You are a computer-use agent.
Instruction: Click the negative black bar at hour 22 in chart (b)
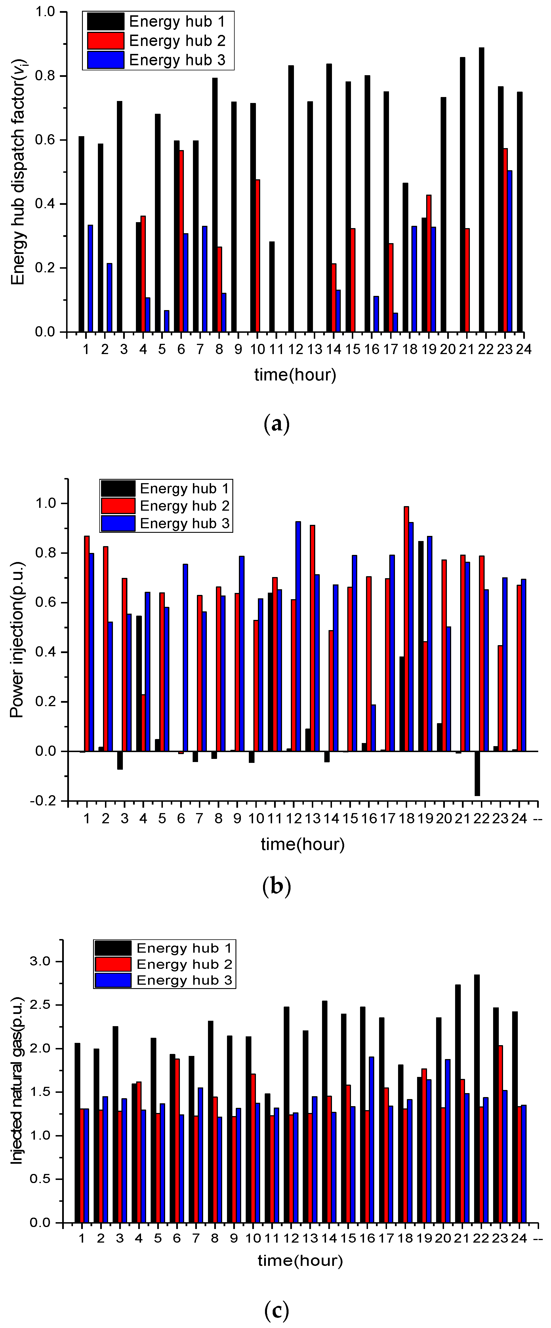tap(477, 773)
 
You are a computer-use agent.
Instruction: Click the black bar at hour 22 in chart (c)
tap(477, 1098)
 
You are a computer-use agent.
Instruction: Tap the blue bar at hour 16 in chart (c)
tap(371, 1139)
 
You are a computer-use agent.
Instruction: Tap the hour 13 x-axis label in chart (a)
tap(314, 350)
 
